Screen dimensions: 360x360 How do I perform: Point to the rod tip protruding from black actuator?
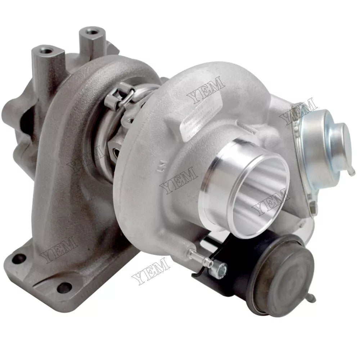pyautogui.click(x=313, y=298)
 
